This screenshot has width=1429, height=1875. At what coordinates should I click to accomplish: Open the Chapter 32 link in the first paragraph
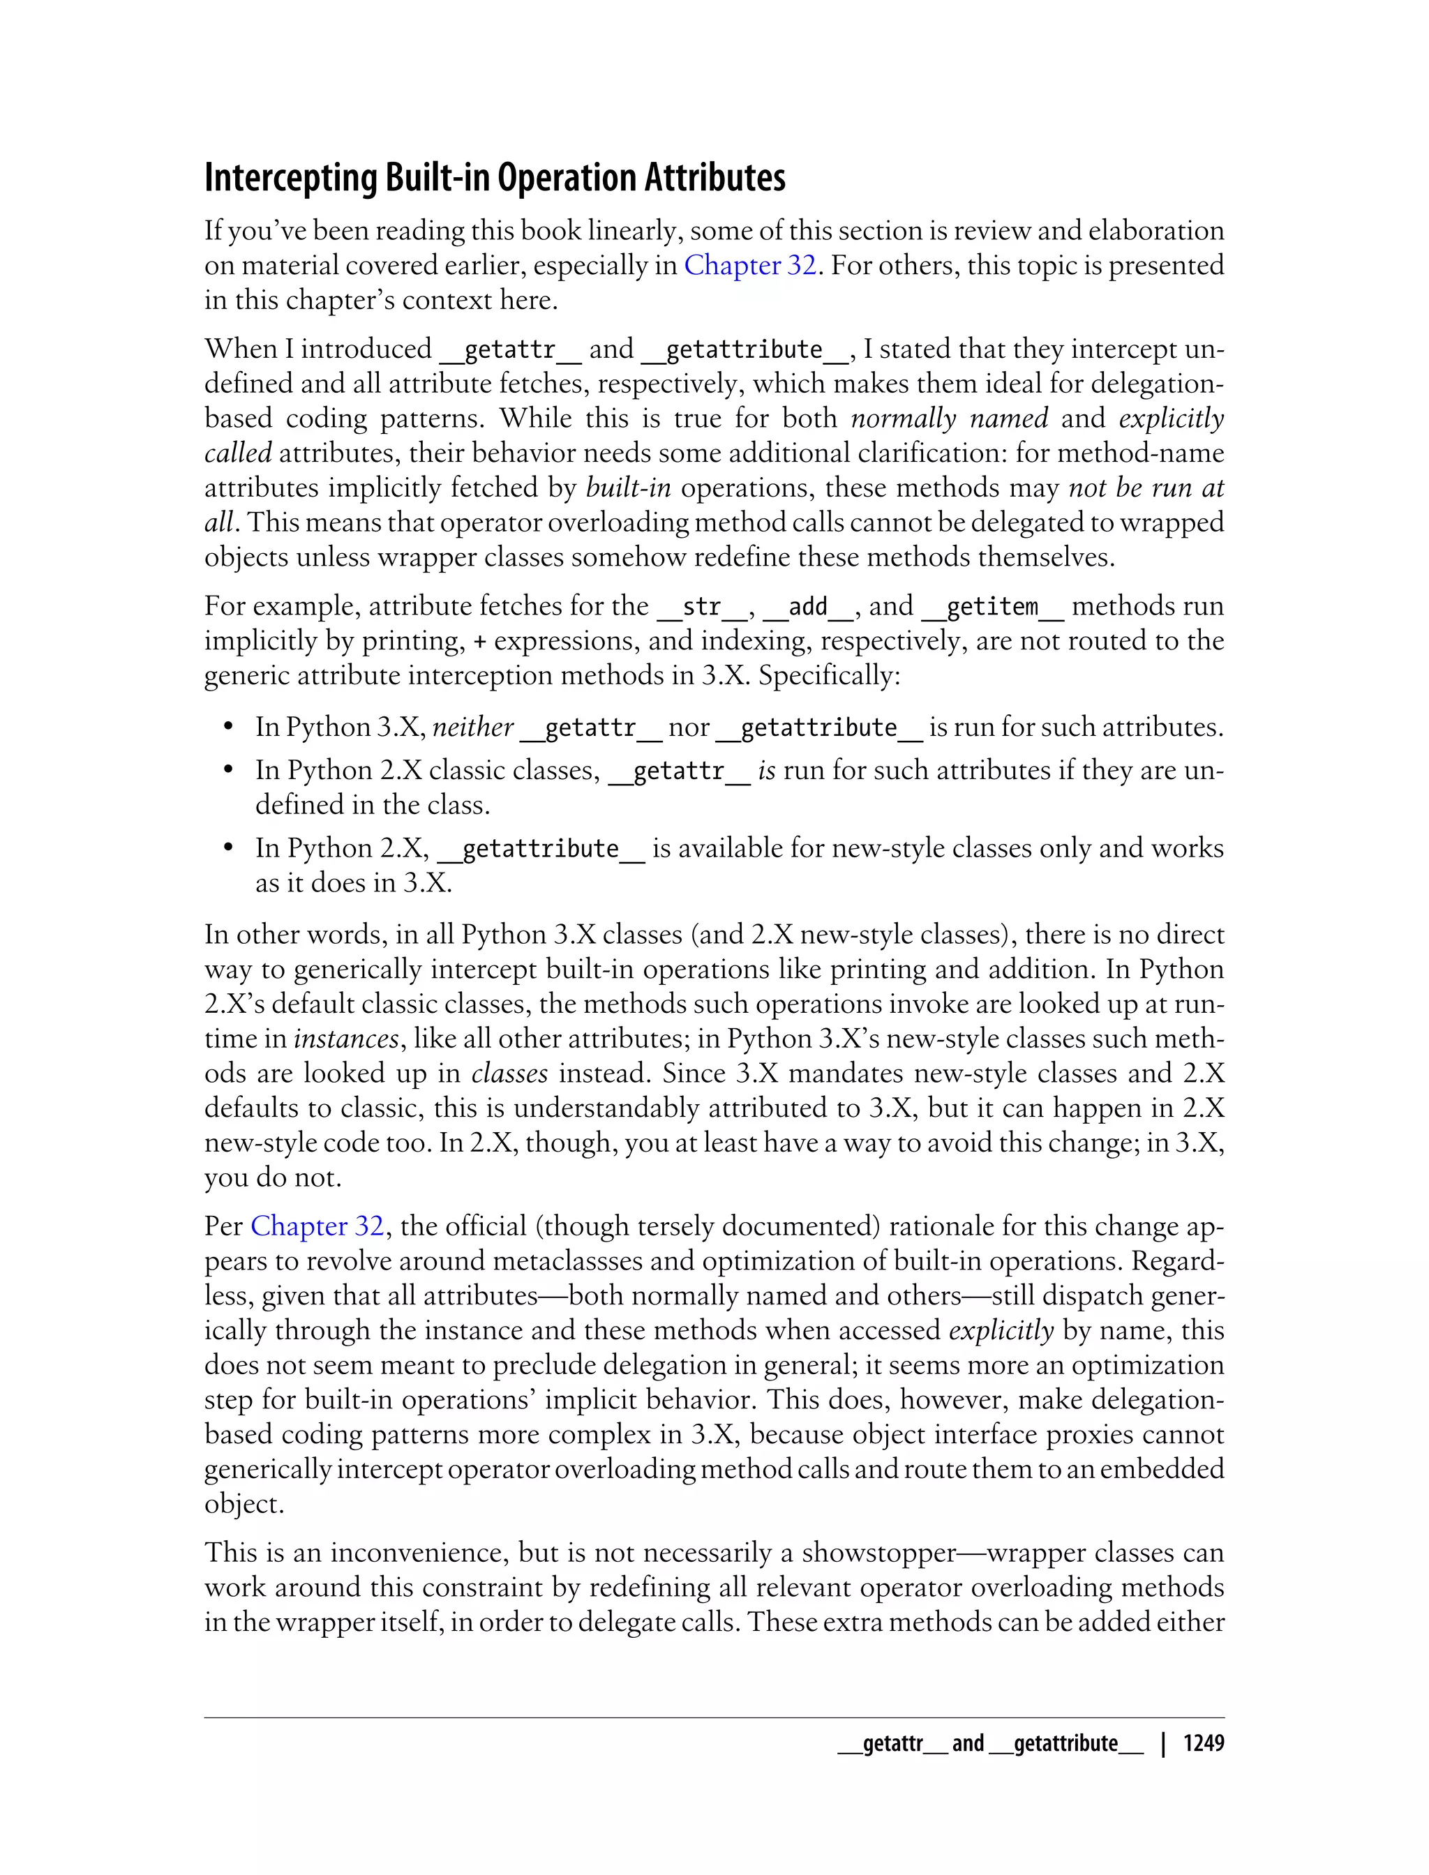click(x=749, y=265)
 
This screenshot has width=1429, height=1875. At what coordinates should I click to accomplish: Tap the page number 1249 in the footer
click(x=1203, y=1743)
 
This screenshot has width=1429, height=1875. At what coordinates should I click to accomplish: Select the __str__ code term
click(x=702, y=607)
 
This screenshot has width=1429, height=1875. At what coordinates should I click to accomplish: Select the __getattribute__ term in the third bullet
click(x=540, y=849)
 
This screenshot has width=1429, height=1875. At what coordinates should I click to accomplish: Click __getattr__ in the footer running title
click(x=892, y=1743)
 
